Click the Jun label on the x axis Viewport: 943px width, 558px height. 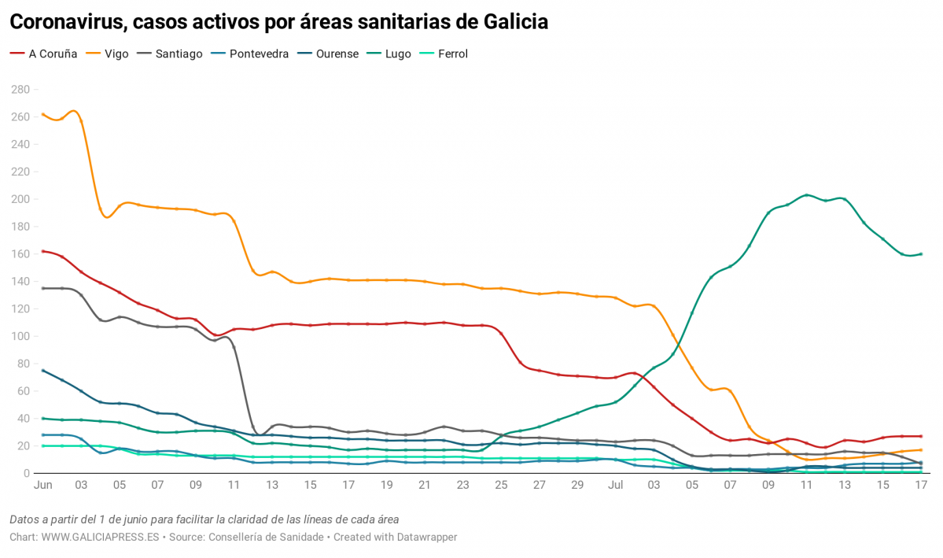click(x=42, y=487)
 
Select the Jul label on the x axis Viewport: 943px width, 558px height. click(x=615, y=487)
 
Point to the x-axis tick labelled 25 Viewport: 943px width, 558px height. click(x=501, y=487)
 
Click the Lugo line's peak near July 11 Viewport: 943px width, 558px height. click(x=806, y=195)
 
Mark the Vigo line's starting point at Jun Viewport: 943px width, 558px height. click(x=42, y=114)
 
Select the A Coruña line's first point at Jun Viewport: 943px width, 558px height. click(x=42, y=251)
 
